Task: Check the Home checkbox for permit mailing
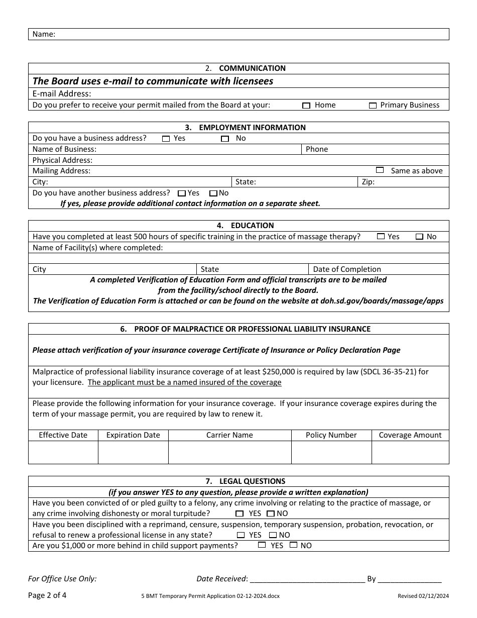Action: point(306,106)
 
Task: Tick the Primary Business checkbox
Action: point(373,106)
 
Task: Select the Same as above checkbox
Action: point(380,170)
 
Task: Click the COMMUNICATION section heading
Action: point(252,68)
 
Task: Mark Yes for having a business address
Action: point(166,139)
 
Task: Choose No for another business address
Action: point(213,193)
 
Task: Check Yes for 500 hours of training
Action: point(381,237)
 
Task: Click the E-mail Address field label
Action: point(62,94)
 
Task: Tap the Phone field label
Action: point(317,149)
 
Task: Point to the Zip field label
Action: point(368,182)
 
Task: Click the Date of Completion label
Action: point(347,269)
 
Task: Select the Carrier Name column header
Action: point(229,435)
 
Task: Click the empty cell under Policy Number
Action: point(331,452)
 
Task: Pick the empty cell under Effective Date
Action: point(63,452)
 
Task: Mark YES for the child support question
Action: point(262,545)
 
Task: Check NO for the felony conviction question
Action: point(271,513)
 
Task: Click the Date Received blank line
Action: point(307,579)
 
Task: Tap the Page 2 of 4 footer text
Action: point(47,595)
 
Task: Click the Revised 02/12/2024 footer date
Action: point(423,596)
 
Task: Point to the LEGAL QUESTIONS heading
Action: point(252,481)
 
